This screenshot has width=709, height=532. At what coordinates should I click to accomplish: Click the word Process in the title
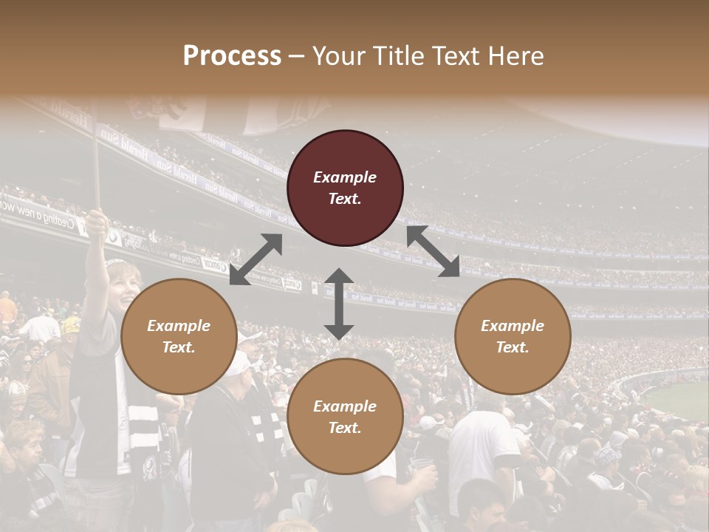click(x=232, y=56)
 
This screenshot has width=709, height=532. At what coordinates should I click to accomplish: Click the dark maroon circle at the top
click(x=345, y=188)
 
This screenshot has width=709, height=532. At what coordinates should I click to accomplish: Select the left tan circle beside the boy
click(x=179, y=336)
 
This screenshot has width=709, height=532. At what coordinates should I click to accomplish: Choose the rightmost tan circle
click(x=513, y=336)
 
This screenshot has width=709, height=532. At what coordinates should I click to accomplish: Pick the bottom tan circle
click(x=345, y=417)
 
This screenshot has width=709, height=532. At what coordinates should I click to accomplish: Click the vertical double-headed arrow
click(x=338, y=304)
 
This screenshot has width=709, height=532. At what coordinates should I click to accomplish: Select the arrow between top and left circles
click(x=256, y=259)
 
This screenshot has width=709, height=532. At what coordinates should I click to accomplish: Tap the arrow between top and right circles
click(x=433, y=251)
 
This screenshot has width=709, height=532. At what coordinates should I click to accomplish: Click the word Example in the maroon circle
click(x=345, y=177)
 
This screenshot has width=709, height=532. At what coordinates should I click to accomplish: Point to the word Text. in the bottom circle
click(x=345, y=428)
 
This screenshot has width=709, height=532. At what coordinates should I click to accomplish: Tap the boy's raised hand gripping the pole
click(x=97, y=221)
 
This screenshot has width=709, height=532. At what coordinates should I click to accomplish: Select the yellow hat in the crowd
click(x=71, y=325)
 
